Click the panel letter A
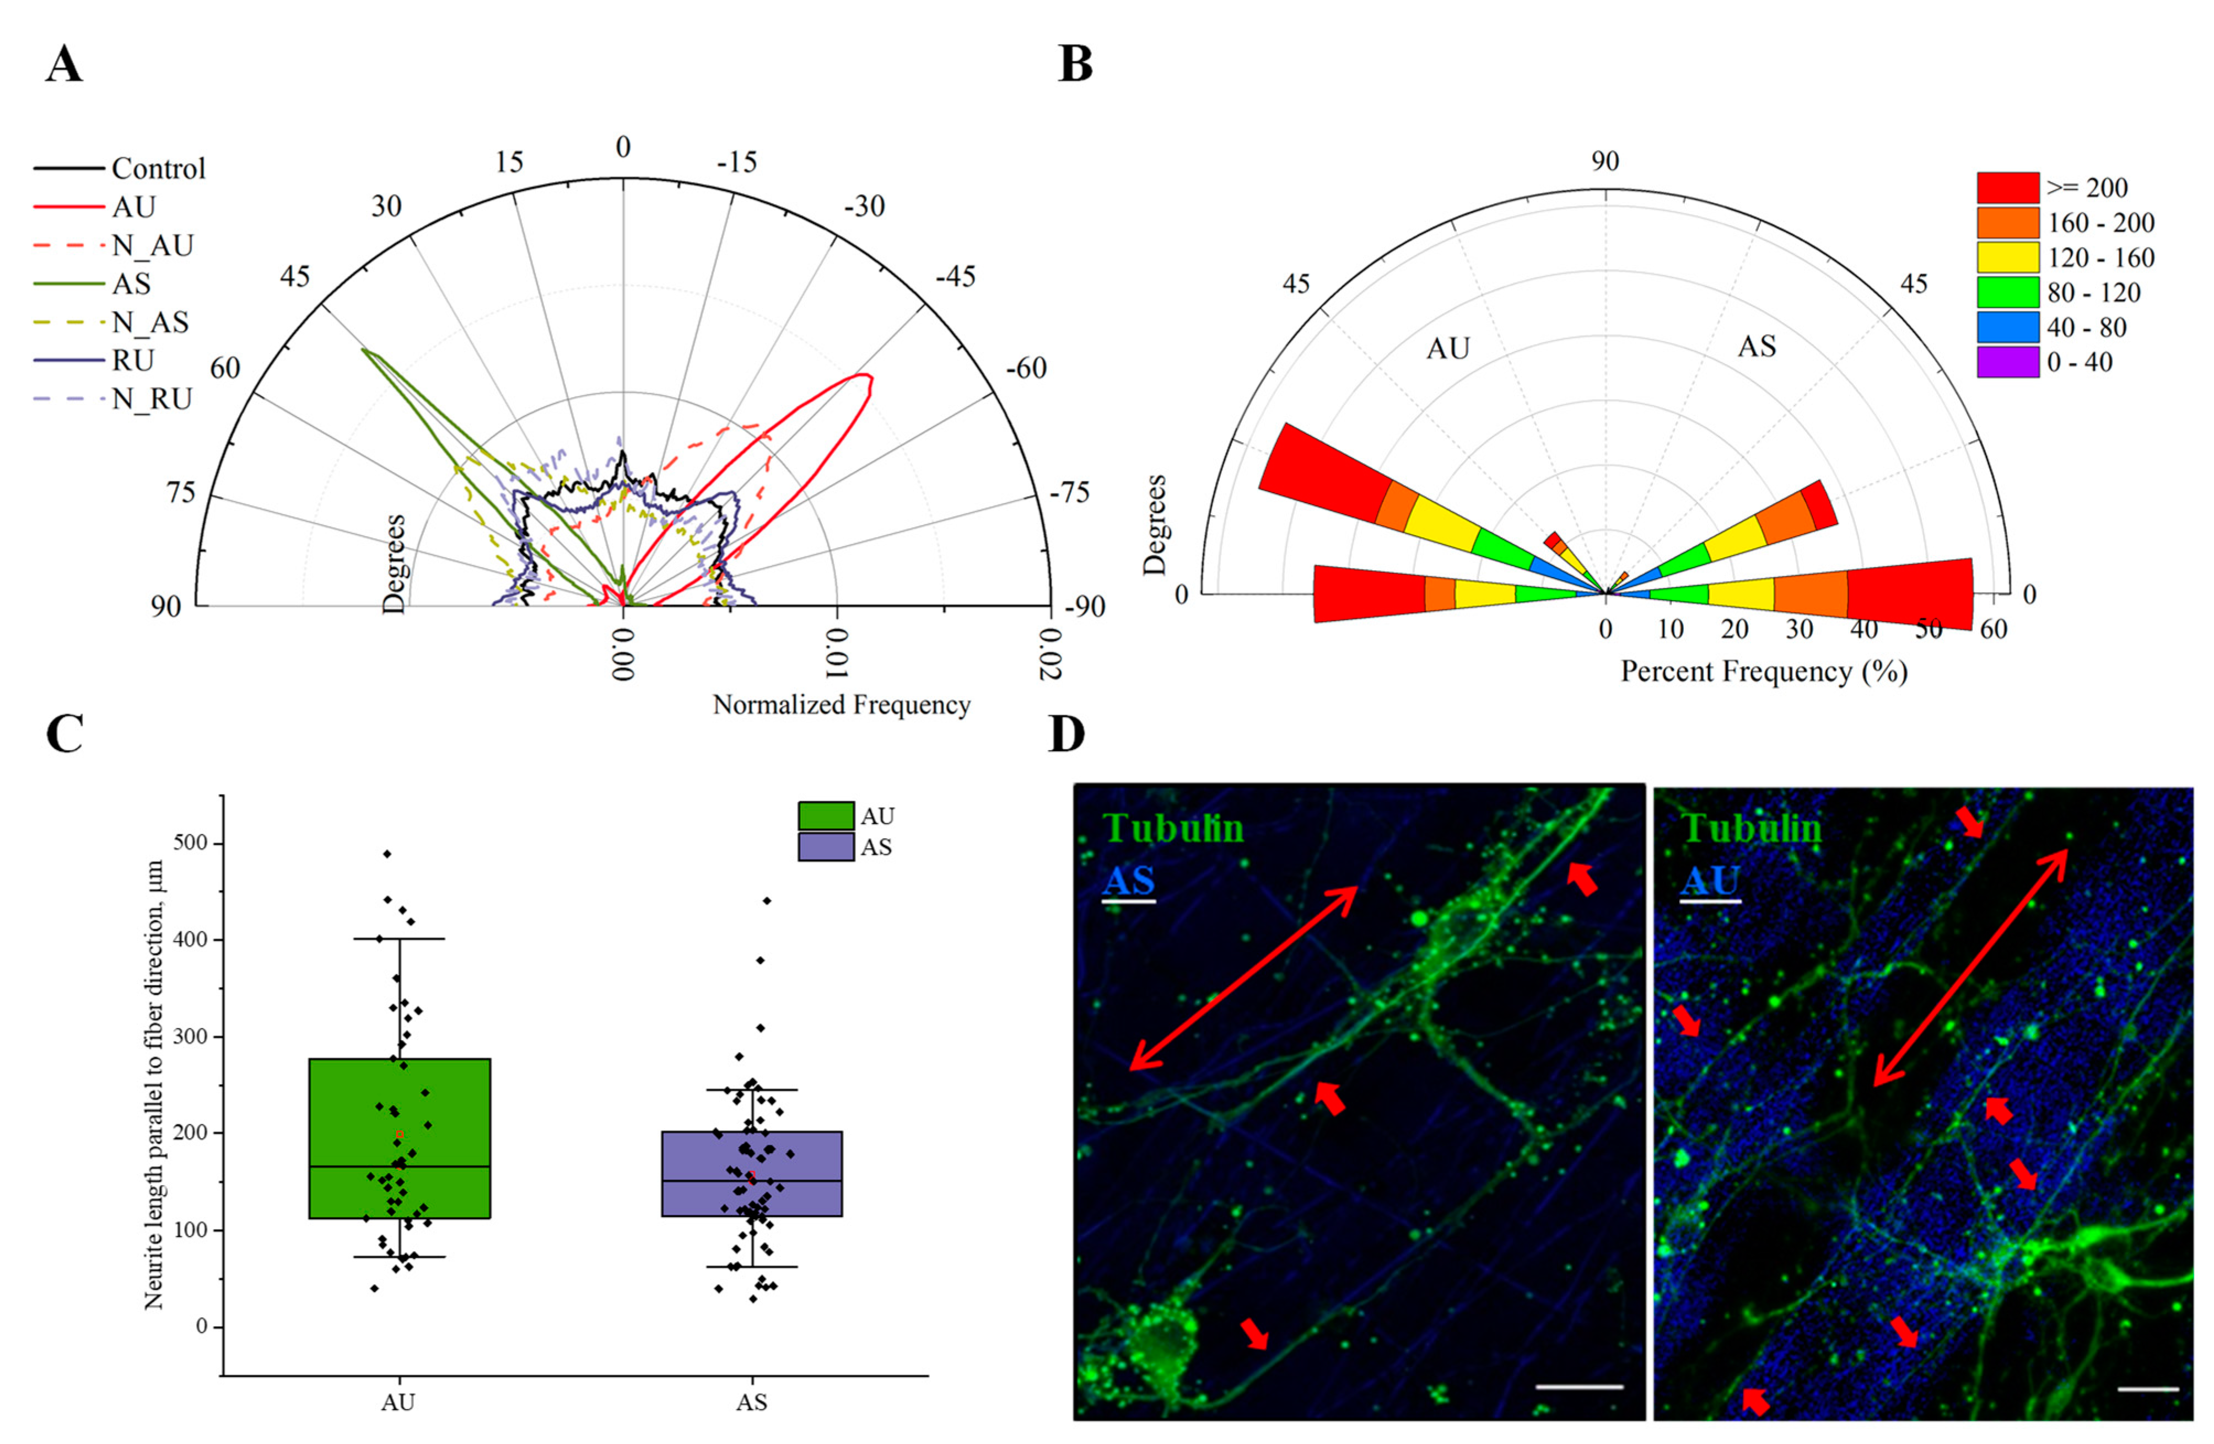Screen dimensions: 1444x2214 pos(64,65)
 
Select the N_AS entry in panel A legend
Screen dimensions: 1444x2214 pos(150,322)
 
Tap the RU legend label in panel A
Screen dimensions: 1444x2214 pos(133,360)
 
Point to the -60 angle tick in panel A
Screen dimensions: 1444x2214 pos(1026,368)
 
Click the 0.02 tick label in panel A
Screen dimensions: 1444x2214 pos(1051,654)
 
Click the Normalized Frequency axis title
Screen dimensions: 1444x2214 pos(841,704)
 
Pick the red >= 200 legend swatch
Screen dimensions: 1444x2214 pos(2007,188)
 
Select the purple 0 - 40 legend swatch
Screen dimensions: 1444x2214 pos(2007,362)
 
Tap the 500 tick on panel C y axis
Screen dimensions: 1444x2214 pos(195,843)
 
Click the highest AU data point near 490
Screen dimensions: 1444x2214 pos(387,853)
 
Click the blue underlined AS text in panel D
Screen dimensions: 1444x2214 pos(1128,881)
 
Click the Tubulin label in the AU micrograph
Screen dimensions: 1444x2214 pos(1750,828)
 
